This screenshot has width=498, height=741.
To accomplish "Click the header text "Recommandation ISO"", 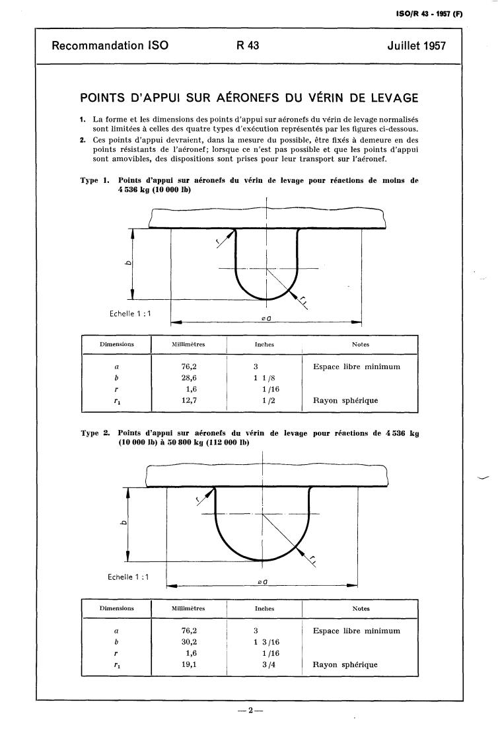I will click(109, 46).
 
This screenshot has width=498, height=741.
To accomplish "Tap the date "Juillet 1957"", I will click(416, 46).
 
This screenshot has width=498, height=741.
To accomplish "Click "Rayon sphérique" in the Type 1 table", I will click(345, 400).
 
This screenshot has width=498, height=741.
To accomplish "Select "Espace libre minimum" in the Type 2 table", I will click(356, 631).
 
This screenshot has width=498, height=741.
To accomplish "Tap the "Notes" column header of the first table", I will click(361, 345).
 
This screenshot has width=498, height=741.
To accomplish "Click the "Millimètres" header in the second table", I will click(188, 608).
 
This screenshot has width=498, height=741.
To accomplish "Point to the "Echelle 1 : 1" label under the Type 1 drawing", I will click(130, 313).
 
